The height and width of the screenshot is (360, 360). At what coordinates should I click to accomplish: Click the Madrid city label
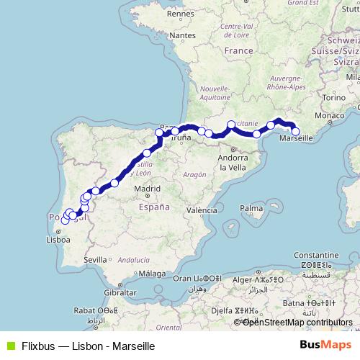tap(146, 189)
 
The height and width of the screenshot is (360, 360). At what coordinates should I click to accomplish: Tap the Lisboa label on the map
tap(57, 240)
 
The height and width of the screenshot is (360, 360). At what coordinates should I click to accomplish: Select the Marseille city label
tap(296, 138)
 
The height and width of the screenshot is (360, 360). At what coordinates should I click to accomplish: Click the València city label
tap(202, 210)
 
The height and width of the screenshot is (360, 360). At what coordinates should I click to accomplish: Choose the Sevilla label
tap(95, 258)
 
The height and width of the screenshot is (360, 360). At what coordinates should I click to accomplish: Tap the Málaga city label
tap(153, 273)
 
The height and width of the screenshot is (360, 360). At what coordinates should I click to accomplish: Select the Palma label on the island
tap(251, 209)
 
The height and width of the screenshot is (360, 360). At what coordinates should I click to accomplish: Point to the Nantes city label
tap(184, 35)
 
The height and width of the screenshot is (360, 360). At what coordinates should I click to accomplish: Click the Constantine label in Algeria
tap(315, 256)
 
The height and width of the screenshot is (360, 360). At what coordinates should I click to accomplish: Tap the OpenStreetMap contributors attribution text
tap(297, 323)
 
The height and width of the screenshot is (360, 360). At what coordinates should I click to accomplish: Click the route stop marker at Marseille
tap(295, 131)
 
